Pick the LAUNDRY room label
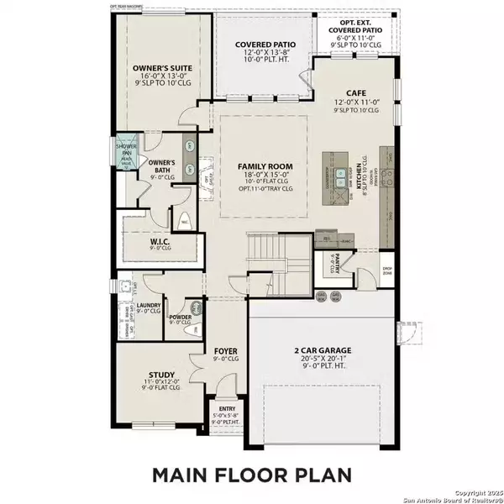point(149,311)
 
